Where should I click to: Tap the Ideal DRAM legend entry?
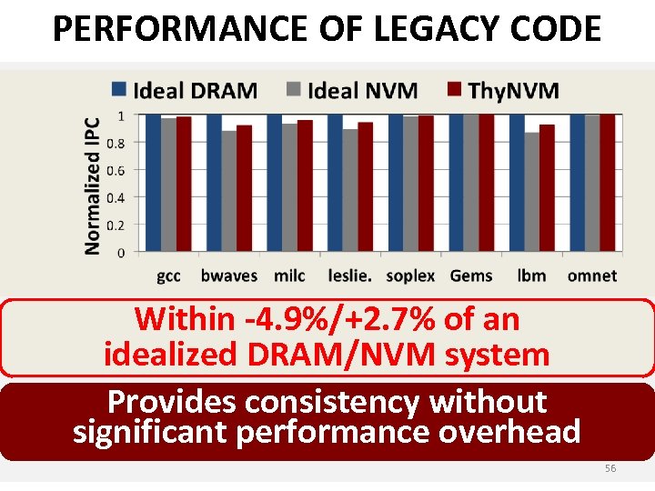click(x=185, y=90)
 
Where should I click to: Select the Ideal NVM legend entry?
click(x=352, y=90)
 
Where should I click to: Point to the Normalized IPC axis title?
click(x=93, y=185)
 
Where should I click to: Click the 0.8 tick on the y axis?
click(x=116, y=143)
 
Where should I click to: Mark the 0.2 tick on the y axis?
click(x=116, y=225)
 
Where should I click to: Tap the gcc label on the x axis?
click(x=168, y=276)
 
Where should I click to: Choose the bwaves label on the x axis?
click(x=228, y=276)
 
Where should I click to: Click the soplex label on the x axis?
click(x=410, y=276)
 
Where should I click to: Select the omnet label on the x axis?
click(x=591, y=276)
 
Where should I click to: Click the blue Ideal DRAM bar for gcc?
click(x=154, y=183)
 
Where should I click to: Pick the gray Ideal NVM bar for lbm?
click(x=531, y=192)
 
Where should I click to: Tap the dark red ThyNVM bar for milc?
click(x=305, y=185)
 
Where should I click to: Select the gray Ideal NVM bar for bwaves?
click(x=229, y=191)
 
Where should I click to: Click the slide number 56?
click(x=610, y=468)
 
